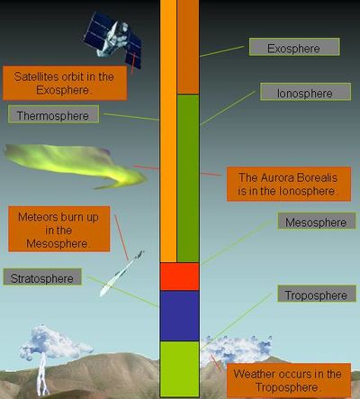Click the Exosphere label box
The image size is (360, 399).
point(294,47)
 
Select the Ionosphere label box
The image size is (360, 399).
point(305,92)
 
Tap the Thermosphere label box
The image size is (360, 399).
point(53,113)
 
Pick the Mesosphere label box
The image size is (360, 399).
point(317,222)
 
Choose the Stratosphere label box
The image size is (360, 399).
point(42,277)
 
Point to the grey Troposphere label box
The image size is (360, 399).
point(317,294)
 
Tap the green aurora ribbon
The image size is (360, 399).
point(75,165)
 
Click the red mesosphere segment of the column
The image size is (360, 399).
point(179,277)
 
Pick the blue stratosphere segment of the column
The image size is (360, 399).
point(179,316)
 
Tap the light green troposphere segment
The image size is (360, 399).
point(179,369)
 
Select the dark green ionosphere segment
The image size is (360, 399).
point(188,178)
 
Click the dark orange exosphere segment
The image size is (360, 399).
point(188,47)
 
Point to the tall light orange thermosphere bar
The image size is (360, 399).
point(168,131)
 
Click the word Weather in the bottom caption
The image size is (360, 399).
point(255,374)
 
